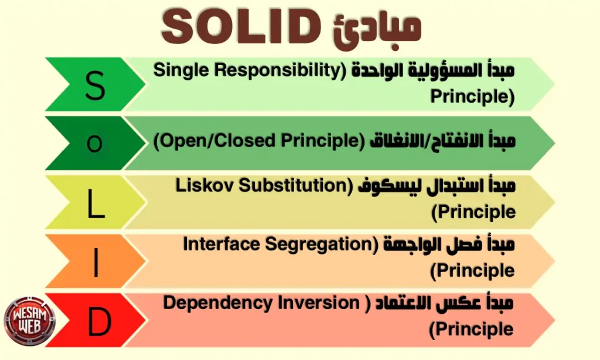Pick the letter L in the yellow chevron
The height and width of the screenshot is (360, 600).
point(96,203)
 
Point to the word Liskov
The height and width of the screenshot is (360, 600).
point(202,186)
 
